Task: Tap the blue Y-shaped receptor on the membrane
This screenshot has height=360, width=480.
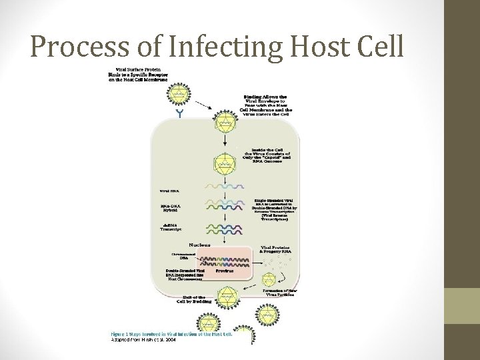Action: [x=179, y=113]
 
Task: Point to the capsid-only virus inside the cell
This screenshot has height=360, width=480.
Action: [x=225, y=163]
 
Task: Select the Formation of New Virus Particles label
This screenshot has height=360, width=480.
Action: [x=279, y=293]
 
